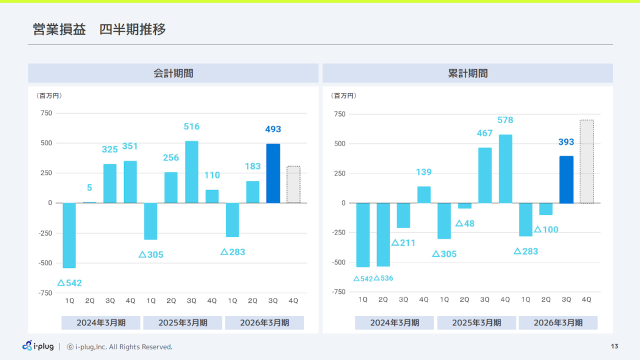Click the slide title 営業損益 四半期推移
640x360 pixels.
(x=99, y=29)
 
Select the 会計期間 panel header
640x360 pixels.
(x=173, y=73)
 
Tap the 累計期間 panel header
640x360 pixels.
(x=467, y=73)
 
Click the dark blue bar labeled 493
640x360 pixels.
(x=273, y=173)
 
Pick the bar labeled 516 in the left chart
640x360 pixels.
(x=191, y=172)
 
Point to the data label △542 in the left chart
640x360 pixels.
(x=69, y=283)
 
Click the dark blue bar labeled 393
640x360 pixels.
(x=566, y=179)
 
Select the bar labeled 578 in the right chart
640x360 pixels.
(x=505, y=168)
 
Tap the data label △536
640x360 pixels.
(x=383, y=278)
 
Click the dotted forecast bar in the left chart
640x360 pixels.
(x=293, y=184)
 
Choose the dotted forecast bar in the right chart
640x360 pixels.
(x=586, y=161)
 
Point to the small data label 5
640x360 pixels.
(x=89, y=188)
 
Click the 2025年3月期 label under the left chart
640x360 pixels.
(x=182, y=322)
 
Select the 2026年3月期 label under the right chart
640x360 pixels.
(x=558, y=322)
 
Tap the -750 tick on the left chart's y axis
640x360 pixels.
(x=46, y=293)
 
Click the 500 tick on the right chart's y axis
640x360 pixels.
(x=339, y=144)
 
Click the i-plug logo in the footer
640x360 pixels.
(x=38, y=346)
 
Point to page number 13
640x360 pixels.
(x=614, y=346)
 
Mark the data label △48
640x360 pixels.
(x=464, y=223)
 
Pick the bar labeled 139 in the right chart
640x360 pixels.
(x=424, y=194)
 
